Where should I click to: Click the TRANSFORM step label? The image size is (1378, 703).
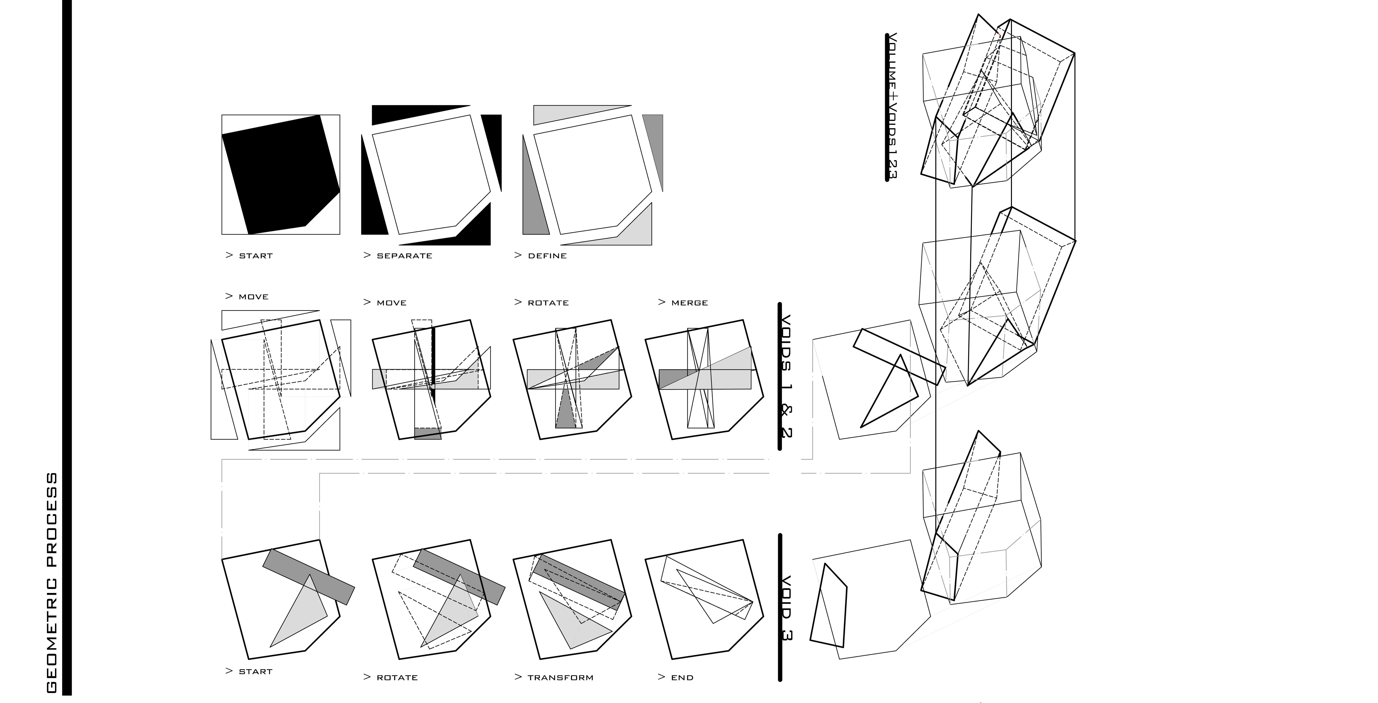click(560, 677)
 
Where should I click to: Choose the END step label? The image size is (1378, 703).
click(682, 677)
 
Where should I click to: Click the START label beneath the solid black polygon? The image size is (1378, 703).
click(255, 256)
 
